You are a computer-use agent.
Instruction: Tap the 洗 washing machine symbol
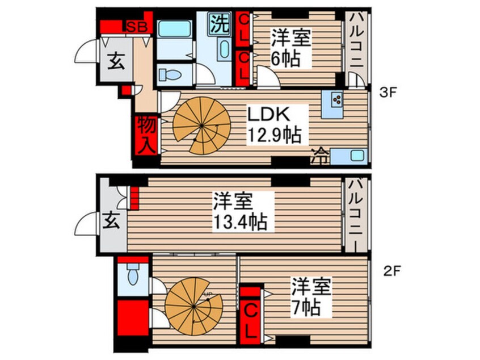point(218,23)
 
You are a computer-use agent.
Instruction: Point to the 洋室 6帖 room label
point(289,48)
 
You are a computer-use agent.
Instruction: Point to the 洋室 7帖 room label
point(310,297)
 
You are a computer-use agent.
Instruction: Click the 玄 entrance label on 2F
point(112,223)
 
